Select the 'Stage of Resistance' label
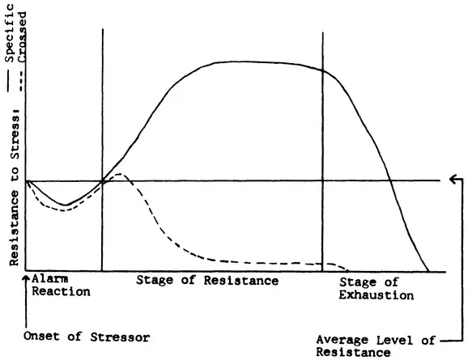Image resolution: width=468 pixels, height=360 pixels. coord(207,280)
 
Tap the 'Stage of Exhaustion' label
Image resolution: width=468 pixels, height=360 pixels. coord(376,288)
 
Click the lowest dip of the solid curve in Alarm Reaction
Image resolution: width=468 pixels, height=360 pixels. coord(66,204)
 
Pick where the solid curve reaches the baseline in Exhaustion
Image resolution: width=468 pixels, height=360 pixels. coord(428,270)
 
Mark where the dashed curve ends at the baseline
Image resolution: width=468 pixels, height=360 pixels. coord(348,270)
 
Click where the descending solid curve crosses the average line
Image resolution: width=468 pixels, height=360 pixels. coord(391,180)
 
